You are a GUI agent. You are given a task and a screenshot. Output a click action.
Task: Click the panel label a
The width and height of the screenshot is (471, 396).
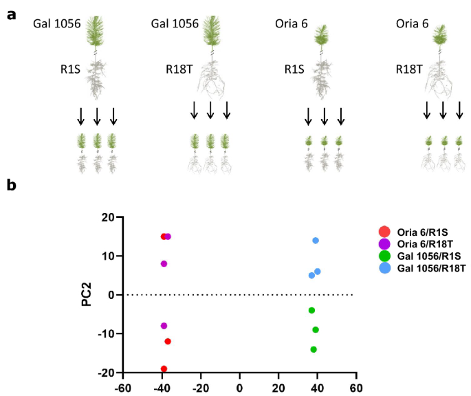coord(12,14)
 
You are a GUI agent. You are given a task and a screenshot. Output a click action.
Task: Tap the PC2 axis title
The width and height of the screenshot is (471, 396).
coord(88,295)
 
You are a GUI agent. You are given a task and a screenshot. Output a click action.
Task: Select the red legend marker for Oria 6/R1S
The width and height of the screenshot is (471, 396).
coord(384,232)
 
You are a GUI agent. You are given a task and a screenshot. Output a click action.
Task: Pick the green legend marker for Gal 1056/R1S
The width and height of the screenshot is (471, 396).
coord(384,257)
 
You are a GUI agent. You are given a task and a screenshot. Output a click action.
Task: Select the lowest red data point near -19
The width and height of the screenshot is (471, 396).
coord(164,369)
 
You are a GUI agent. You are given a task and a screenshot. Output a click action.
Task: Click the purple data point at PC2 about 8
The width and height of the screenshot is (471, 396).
coord(164,264)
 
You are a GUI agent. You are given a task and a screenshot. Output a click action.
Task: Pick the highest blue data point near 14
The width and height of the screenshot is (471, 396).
coord(316,241)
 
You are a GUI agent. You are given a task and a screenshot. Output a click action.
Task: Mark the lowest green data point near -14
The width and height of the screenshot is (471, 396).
coord(314,349)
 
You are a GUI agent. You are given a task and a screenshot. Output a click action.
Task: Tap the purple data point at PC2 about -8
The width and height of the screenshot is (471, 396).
coord(164,326)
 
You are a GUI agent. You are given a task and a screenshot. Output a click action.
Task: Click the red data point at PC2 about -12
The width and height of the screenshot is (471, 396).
coord(168,342)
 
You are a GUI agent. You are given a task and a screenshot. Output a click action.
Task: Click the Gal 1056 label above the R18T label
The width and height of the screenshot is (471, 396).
coord(175,24)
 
